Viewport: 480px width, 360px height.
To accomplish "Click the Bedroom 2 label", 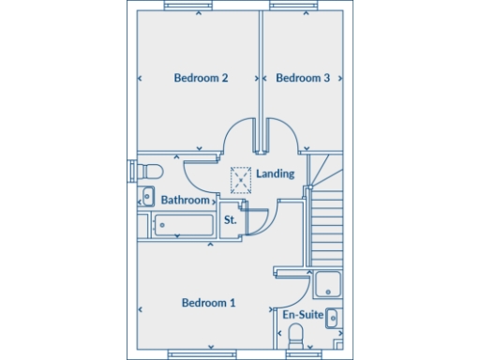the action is tap(202, 78).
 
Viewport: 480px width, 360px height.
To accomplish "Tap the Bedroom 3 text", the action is tap(302, 78).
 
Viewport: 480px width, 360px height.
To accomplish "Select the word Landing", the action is tap(275, 173).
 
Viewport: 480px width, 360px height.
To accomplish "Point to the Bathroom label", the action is tap(185, 200).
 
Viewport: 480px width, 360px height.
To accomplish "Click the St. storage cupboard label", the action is tap(230, 220).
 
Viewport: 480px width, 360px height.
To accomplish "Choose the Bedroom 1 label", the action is tap(208, 303).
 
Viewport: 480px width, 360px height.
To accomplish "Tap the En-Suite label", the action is tap(303, 316).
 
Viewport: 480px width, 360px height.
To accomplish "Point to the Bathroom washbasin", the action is tap(147, 197).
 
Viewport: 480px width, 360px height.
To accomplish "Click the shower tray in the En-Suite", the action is tap(330, 284).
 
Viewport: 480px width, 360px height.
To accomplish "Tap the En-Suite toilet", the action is tap(295, 336).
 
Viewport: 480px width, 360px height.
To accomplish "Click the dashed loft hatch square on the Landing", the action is tap(242, 178).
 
